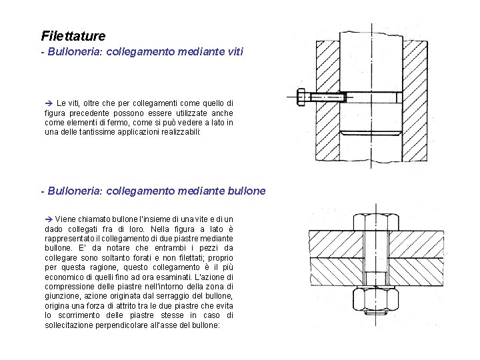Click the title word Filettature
coord(73,35)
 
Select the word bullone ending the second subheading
coord(245,191)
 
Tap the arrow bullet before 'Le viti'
coord(48,103)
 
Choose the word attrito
coord(127,305)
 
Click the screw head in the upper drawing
coord(301,97)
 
